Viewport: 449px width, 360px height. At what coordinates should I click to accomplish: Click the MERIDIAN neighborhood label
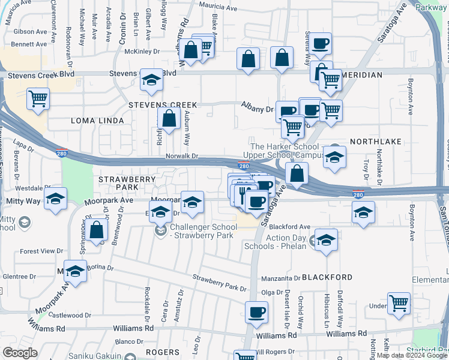[x=362, y=75]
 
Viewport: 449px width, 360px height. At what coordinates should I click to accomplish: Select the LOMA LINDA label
[x=97, y=121]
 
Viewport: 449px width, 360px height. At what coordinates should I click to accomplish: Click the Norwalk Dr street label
[x=182, y=157]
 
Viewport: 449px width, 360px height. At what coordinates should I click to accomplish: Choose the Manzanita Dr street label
[x=281, y=278]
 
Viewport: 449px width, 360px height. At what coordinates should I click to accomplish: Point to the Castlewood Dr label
[x=70, y=314]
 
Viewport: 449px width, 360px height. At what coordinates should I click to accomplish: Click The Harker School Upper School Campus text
[x=285, y=151]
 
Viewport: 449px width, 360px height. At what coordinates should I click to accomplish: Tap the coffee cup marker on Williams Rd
[x=256, y=313]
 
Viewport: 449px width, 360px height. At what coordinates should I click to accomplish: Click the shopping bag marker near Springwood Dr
[x=96, y=230]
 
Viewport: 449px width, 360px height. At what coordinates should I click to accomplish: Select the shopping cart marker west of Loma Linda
[x=38, y=98]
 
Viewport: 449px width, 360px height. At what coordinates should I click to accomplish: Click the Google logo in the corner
[x=20, y=353]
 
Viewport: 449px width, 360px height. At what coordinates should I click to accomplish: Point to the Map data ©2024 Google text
[x=412, y=355]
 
